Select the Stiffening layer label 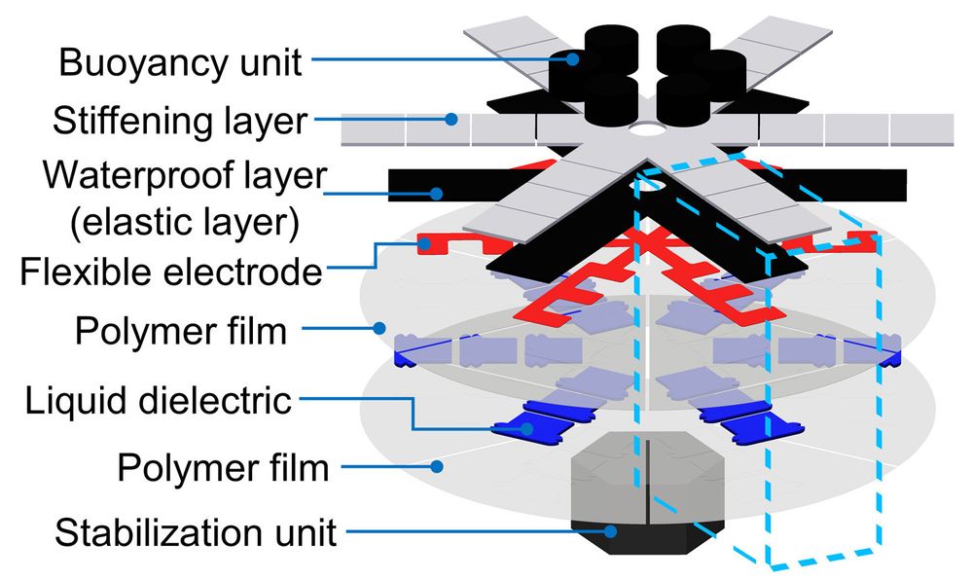click(180, 122)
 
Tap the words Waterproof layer click(184, 179)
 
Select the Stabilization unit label click(196, 532)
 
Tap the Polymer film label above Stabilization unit click(223, 468)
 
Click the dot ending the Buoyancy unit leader click(574, 60)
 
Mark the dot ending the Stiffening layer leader click(450, 120)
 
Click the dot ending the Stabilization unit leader click(611, 531)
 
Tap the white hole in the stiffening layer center click(645, 128)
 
